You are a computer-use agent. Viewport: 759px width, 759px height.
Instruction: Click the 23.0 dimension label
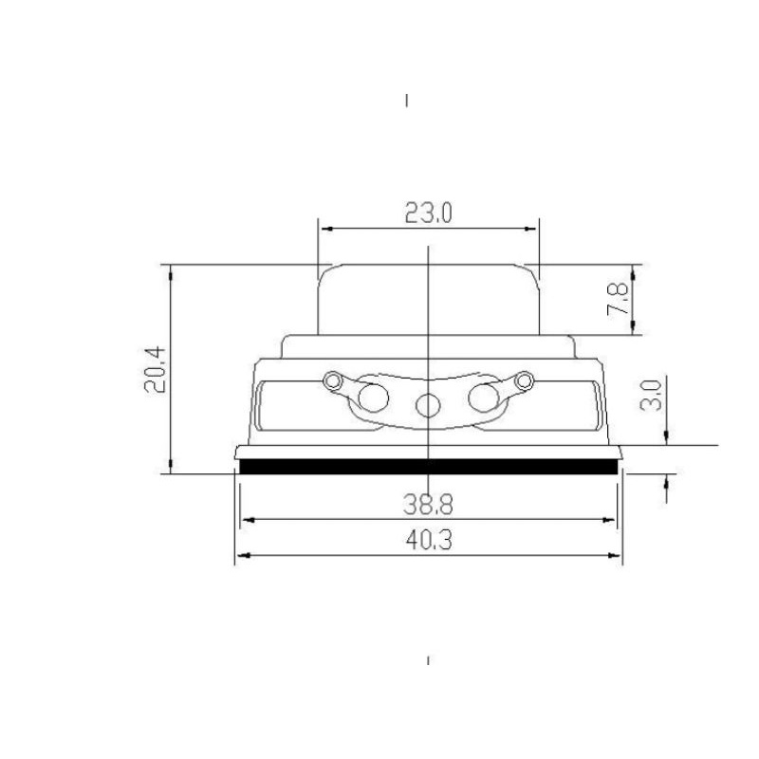click(x=429, y=213)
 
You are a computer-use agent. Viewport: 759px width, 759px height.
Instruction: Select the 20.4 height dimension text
click(x=156, y=369)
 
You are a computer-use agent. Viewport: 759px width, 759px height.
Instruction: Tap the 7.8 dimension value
click(x=618, y=300)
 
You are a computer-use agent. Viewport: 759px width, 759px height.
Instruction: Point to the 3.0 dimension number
click(x=651, y=396)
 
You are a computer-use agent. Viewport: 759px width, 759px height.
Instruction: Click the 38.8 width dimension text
click(x=428, y=505)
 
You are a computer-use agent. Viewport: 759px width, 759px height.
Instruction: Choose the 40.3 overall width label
click(x=429, y=540)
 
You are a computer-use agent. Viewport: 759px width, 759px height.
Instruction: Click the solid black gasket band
click(x=429, y=467)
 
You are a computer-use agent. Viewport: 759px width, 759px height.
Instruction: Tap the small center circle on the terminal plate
click(x=428, y=405)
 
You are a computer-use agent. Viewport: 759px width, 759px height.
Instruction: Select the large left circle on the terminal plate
click(x=373, y=398)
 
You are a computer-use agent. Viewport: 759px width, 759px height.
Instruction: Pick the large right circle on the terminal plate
click(x=484, y=398)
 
